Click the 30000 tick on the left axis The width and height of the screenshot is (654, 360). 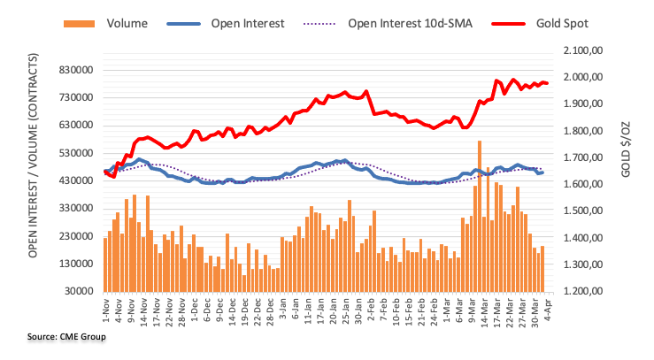81,291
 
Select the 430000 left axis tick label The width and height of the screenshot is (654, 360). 78,180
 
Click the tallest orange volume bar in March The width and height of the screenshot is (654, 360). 480,217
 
